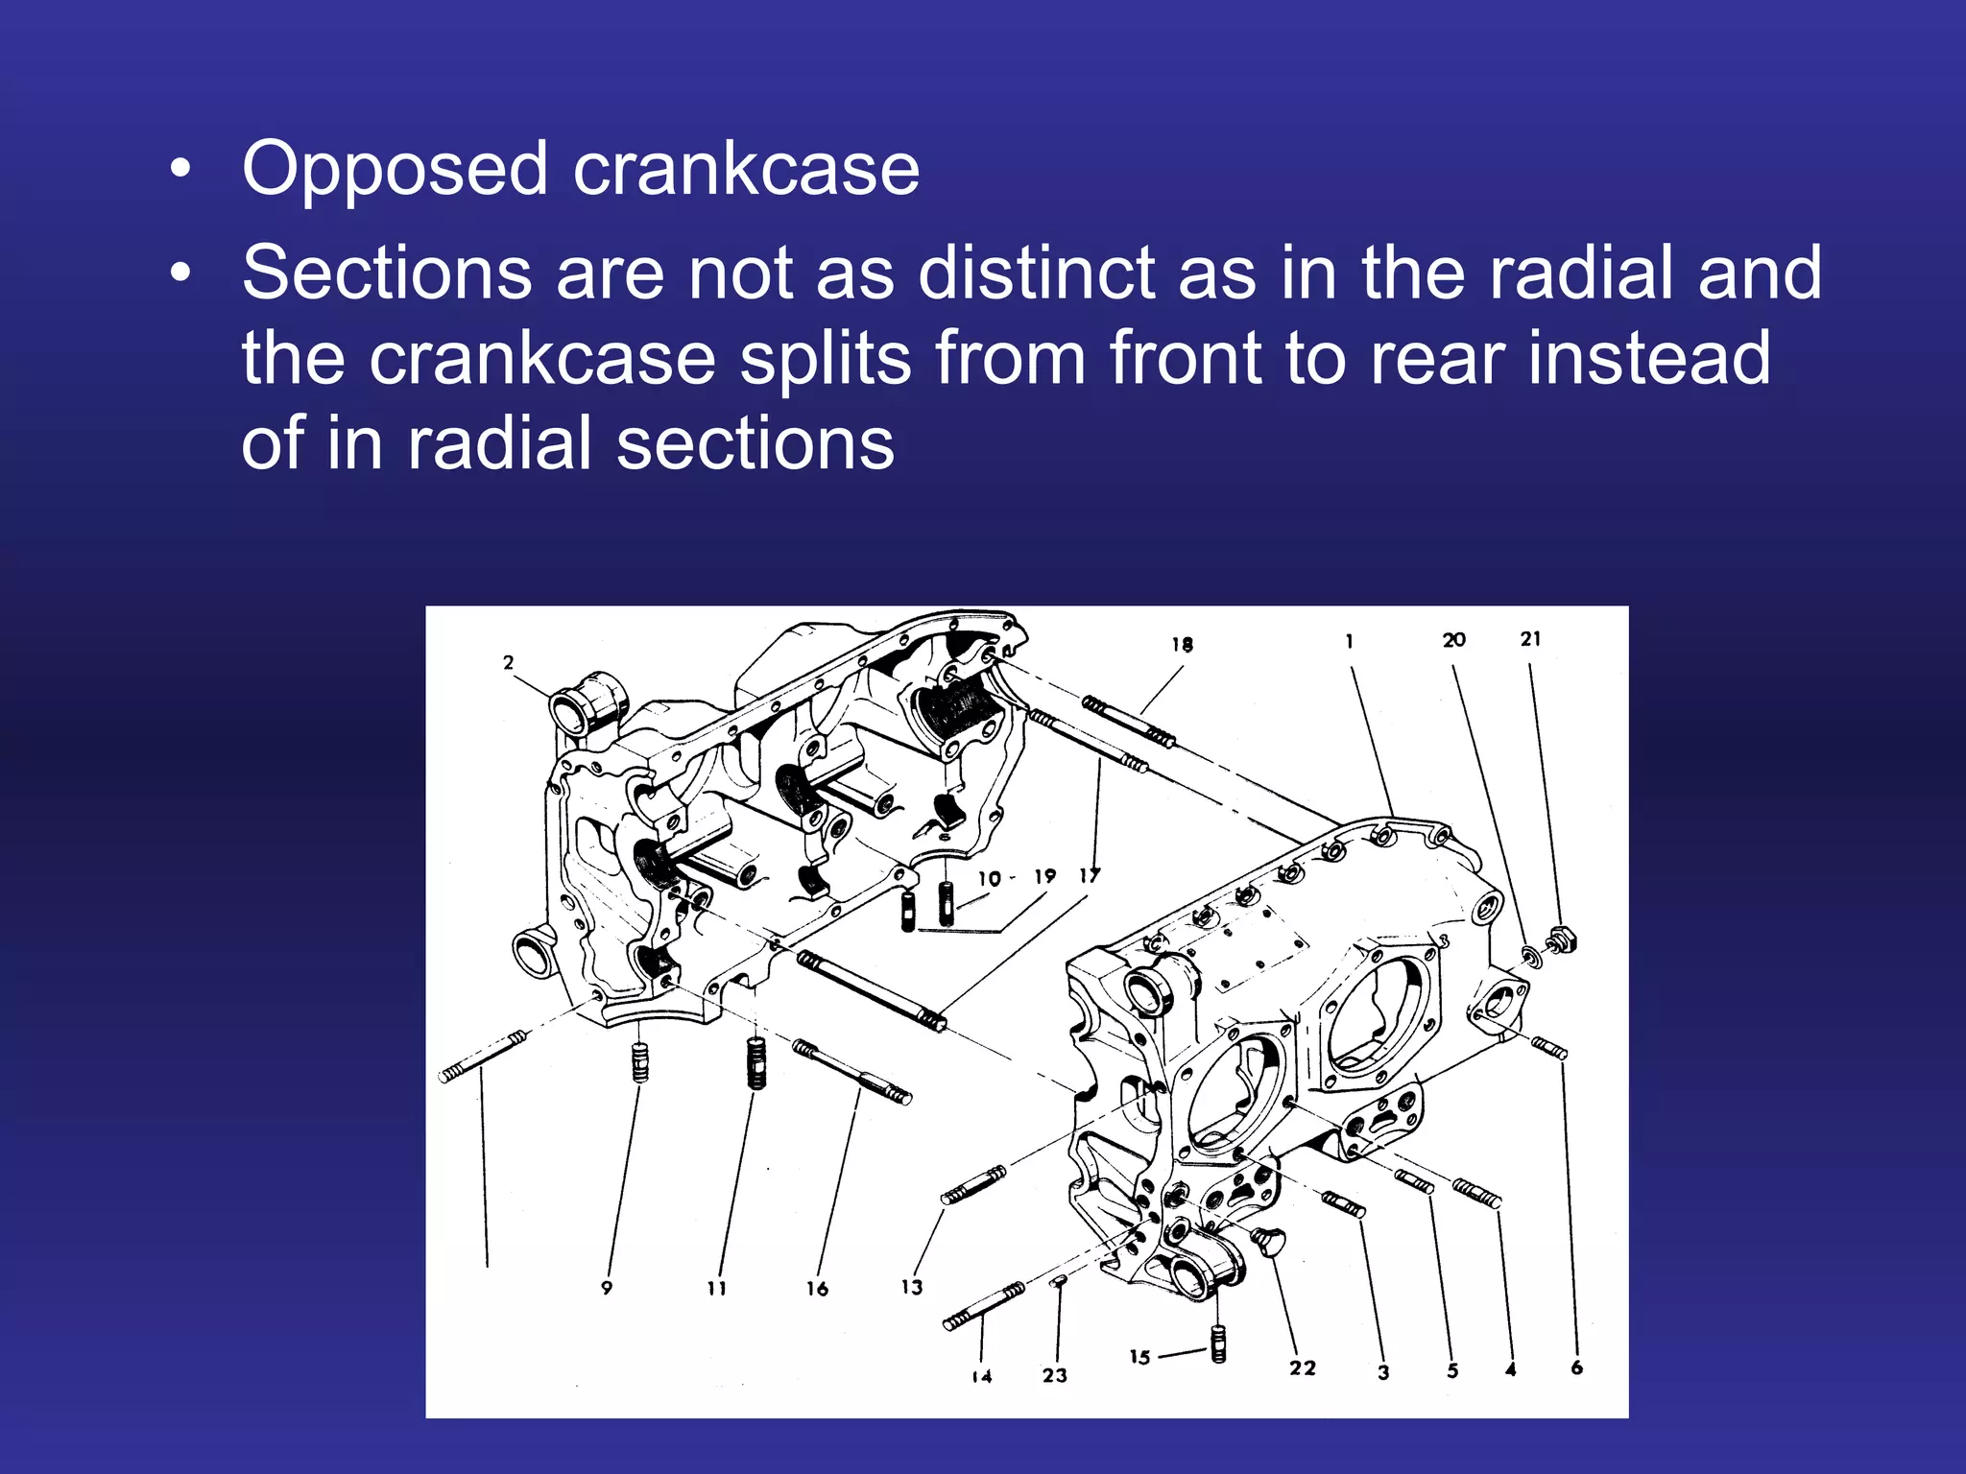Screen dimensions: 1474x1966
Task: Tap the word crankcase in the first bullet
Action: tap(746, 171)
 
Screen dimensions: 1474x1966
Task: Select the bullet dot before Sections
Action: tap(180, 274)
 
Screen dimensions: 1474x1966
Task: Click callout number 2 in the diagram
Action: tap(508, 662)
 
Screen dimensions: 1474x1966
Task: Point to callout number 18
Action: tap(1182, 645)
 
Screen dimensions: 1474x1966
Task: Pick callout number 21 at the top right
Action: tap(1530, 639)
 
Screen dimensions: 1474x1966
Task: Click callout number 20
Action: tap(1453, 640)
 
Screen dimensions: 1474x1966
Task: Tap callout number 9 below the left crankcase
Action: tap(606, 1288)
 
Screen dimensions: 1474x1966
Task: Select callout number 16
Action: tap(817, 1289)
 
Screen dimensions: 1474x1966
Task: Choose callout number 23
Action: tap(1054, 1375)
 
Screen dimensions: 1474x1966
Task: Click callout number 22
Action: tap(1302, 1368)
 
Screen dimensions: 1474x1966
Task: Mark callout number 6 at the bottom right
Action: tap(1576, 1367)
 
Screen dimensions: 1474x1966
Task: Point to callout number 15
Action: tap(1139, 1357)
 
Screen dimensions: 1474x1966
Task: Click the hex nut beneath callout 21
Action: tap(1561, 940)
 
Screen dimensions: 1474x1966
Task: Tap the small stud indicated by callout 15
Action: tap(1218, 1343)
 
